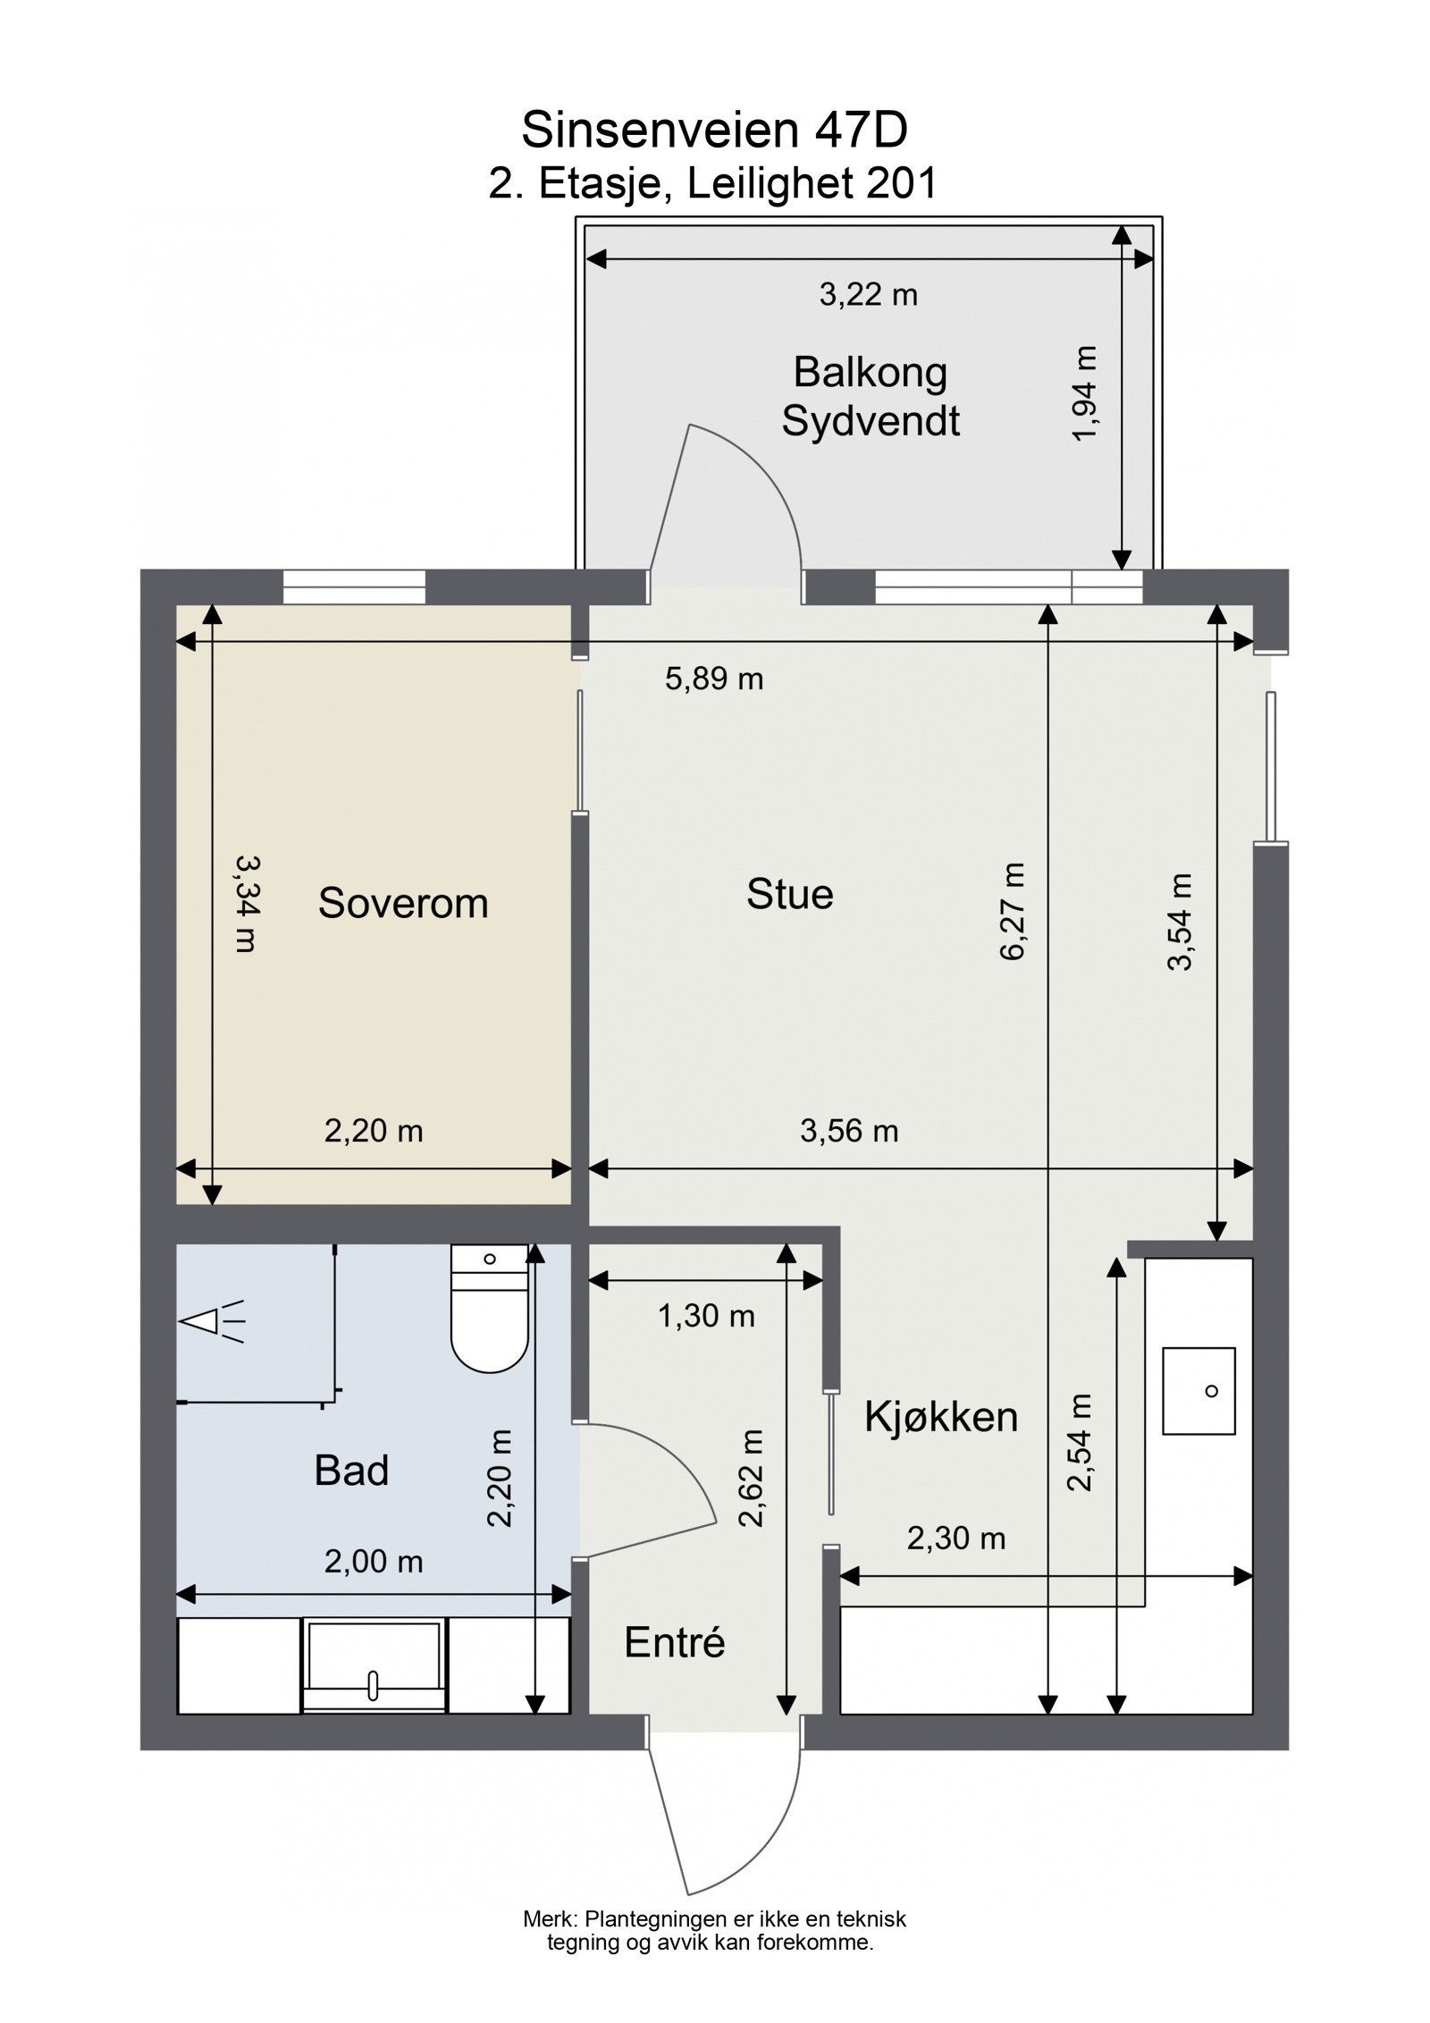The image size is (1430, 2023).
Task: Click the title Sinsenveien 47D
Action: pyautogui.click(x=713, y=131)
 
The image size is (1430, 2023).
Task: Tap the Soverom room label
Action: pyautogui.click(x=403, y=903)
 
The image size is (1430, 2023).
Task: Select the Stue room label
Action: pyautogui.click(x=789, y=894)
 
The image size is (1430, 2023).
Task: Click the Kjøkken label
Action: pyautogui.click(x=940, y=1417)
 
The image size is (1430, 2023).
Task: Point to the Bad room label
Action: pyautogui.click(x=351, y=1471)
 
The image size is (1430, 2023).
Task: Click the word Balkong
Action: pyautogui.click(x=870, y=372)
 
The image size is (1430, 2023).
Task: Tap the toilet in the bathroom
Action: pyautogui.click(x=489, y=1310)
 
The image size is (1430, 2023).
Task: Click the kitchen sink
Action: pyautogui.click(x=1198, y=1391)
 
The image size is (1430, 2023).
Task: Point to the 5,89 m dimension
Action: pyautogui.click(x=713, y=679)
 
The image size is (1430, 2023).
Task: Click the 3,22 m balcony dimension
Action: pyautogui.click(x=868, y=294)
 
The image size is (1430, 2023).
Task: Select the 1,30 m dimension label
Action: pyautogui.click(x=706, y=1316)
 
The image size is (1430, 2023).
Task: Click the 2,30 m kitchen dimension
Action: pyautogui.click(x=955, y=1538)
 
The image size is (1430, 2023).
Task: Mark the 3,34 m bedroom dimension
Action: pyautogui.click(x=246, y=903)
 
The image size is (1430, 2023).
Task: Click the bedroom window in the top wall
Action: pyautogui.click(x=354, y=587)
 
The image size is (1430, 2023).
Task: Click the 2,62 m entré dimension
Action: pyautogui.click(x=753, y=1479)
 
